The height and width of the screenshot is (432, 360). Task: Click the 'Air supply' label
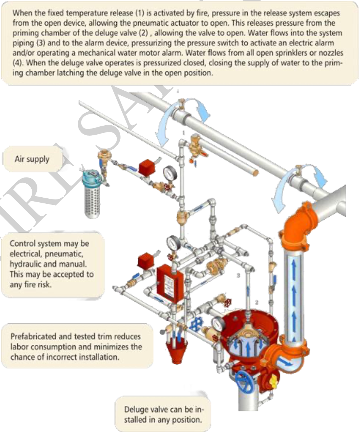(x=32, y=159)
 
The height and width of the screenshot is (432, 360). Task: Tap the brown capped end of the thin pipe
(x=256, y=173)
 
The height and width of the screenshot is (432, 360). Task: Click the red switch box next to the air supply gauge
(x=147, y=167)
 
